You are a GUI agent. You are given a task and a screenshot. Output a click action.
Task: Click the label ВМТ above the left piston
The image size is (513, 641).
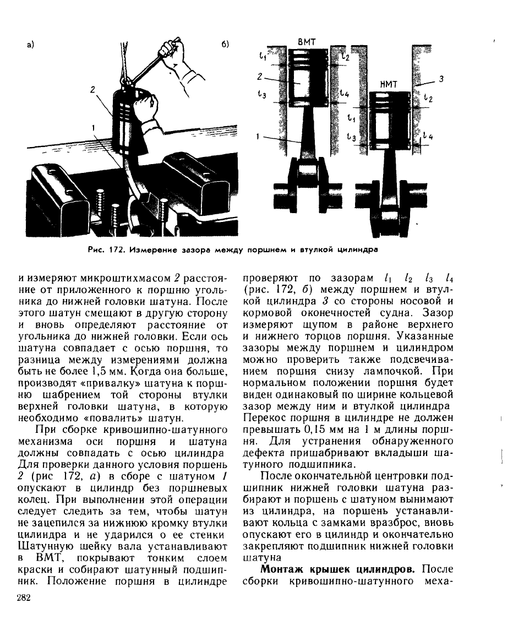click(x=306, y=41)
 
